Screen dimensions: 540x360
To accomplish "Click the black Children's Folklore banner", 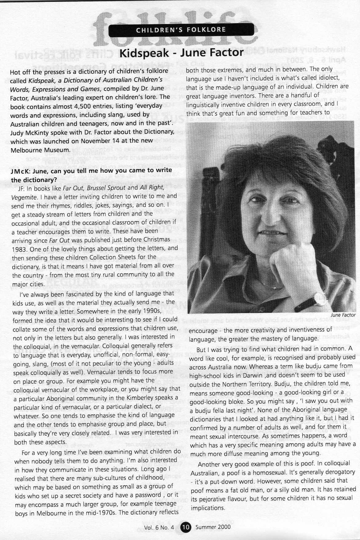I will tap(181, 30).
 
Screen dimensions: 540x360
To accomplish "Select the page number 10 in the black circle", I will tap(186, 527).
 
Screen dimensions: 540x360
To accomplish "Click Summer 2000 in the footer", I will tap(213, 527).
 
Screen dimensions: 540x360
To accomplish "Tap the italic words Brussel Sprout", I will tap(106, 187).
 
